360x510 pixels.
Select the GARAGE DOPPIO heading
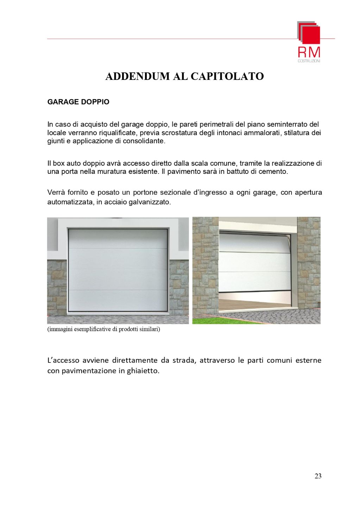tap(78, 102)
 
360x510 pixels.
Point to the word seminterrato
tap(288, 124)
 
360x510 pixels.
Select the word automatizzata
tap(70, 202)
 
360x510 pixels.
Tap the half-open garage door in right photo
tap(254, 262)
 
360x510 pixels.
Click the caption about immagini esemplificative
tap(104, 329)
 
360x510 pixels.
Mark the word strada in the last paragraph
tap(184, 360)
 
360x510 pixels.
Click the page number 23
tap(318, 476)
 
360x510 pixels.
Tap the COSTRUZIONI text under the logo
tap(309, 61)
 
